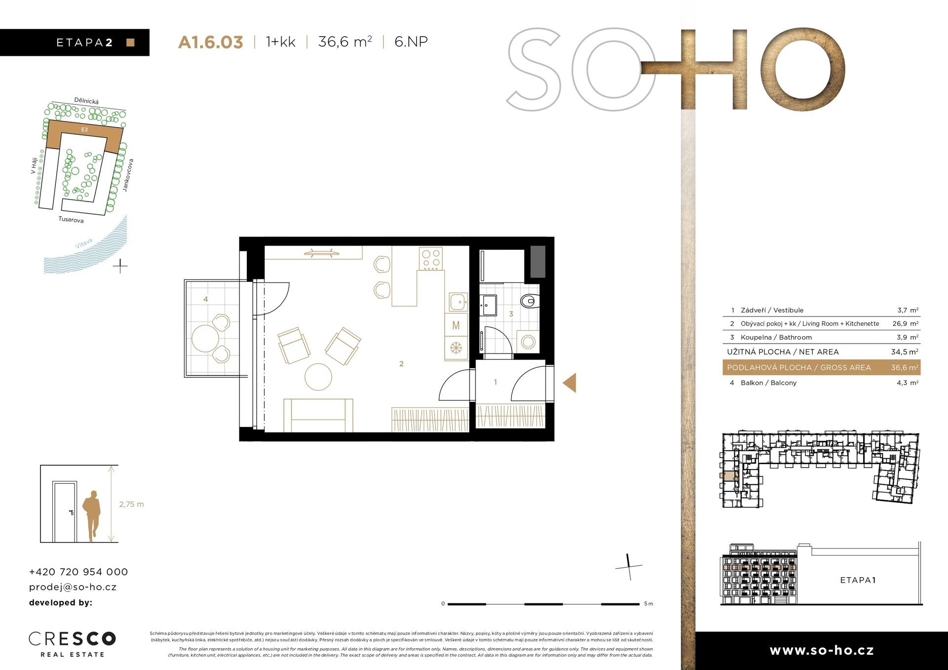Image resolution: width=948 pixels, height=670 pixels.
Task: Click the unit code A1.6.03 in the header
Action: click(x=210, y=42)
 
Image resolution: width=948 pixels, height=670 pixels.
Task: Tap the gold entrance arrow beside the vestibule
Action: click(x=570, y=383)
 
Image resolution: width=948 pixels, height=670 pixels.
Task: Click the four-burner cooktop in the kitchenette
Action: click(x=431, y=259)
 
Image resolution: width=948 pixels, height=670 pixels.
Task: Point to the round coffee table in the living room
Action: click(x=318, y=377)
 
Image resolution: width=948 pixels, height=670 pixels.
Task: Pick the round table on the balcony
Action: click(x=205, y=338)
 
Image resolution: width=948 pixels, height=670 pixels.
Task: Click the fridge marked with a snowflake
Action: click(x=456, y=348)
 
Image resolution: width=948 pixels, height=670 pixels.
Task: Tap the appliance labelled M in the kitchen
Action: click(x=456, y=325)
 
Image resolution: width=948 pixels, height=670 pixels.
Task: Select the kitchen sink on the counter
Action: click(x=458, y=301)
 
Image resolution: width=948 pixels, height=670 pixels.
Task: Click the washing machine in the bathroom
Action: click(x=528, y=342)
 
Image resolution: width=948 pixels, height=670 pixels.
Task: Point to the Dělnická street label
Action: click(x=86, y=101)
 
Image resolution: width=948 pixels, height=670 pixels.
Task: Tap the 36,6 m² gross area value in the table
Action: click(x=905, y=367)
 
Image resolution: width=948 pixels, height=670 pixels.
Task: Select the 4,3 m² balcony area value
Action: click(x=908, y=383)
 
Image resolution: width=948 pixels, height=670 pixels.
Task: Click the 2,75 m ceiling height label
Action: click(x=131, y=504)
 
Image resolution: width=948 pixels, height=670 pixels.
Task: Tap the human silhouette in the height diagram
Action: click(x=92, y=516)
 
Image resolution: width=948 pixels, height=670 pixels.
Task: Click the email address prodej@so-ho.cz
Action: click(x=73, y=587)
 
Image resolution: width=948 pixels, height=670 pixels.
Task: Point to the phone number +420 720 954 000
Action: click(x=79, y=572)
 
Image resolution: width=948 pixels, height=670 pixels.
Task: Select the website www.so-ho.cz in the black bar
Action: click(x=822, y=651)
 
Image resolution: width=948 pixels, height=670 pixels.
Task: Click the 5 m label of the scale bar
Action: click(x=648, y=604)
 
